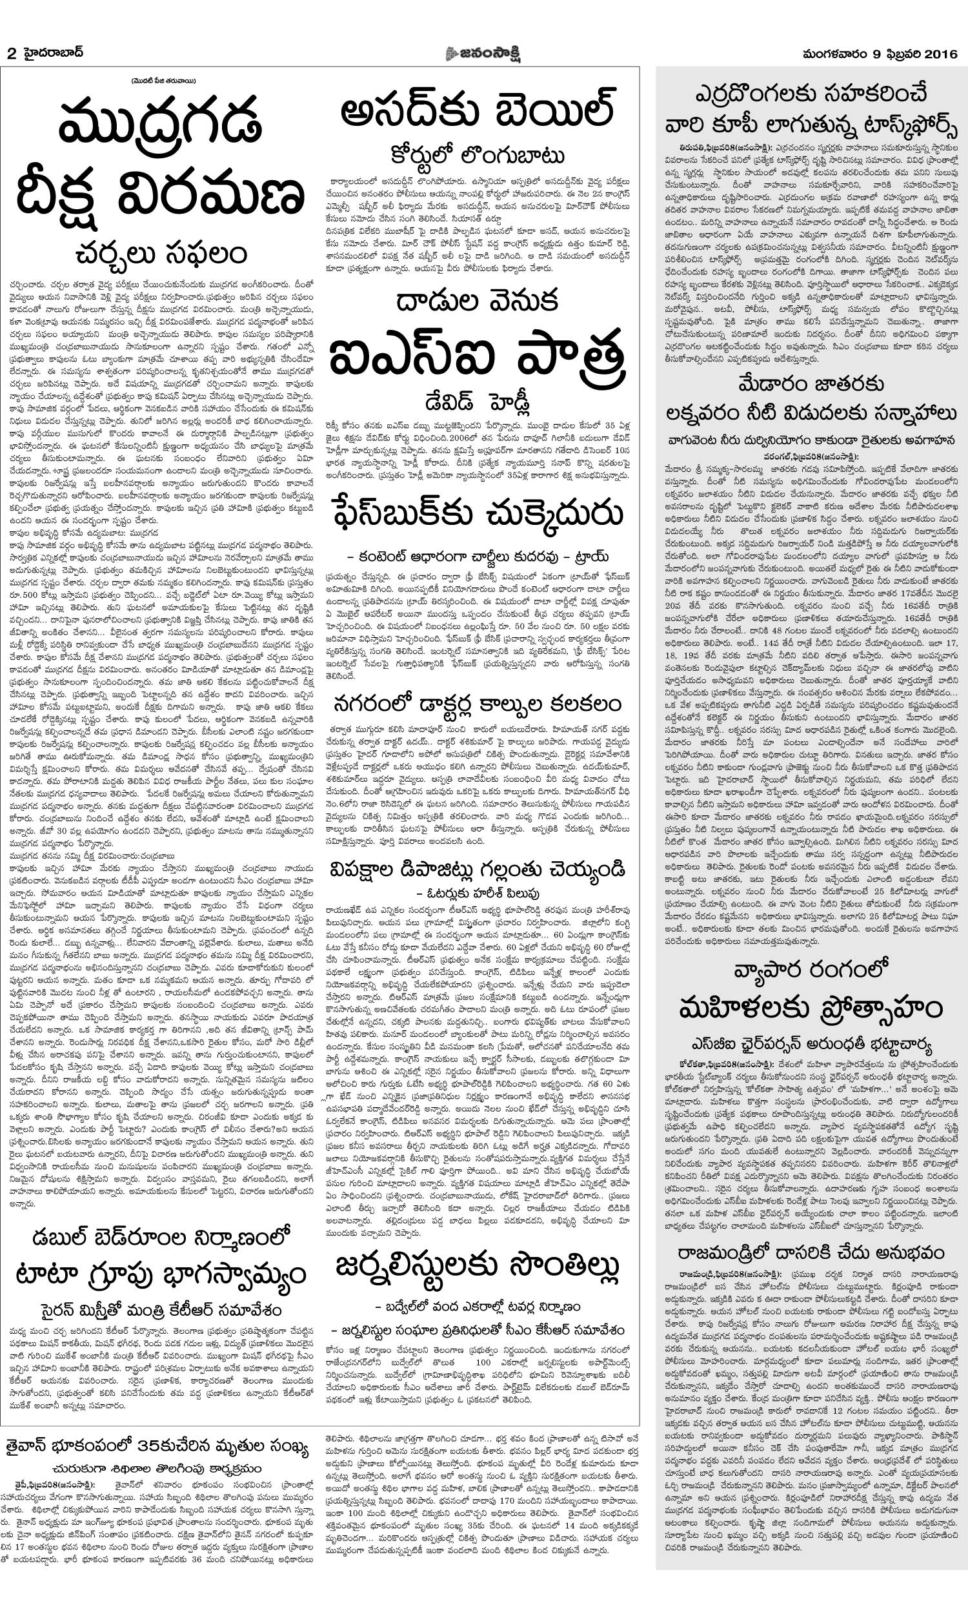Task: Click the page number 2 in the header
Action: point(11,54)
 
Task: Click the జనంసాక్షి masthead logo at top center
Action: point(483,54)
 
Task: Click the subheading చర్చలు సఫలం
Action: point(161,253)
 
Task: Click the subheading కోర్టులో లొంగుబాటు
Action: point(478,157)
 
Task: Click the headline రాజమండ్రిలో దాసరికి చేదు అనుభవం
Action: point(811,1252)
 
